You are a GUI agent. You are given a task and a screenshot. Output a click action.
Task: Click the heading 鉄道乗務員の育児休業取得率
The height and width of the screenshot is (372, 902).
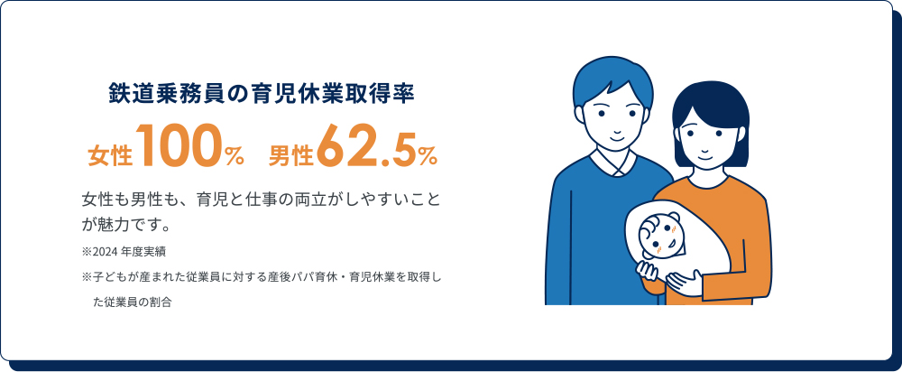(262, 94)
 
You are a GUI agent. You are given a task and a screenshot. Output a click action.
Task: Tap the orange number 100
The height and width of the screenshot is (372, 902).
(180, 150)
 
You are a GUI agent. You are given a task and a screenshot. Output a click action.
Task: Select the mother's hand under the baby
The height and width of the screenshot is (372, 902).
(690, 285)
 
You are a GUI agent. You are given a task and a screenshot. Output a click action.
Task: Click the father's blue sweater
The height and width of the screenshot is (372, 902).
(577, 226)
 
